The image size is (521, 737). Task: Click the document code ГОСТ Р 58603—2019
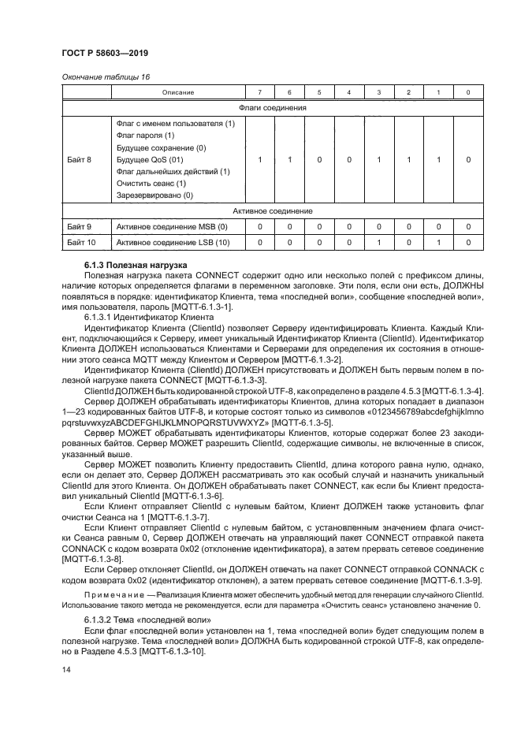pyautogui.click(x=105, y=53)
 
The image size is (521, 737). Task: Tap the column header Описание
pyautogui.click(x=178, y=93)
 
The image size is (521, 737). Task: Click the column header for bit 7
pyautogui.click(x=260, y=93)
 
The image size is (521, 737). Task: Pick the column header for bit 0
pyautogui.click(x=468, y=93)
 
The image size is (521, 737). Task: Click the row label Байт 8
pyautogui.click(x=79, y=159)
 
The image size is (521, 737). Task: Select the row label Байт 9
pyautogui.click(x=79, y=227)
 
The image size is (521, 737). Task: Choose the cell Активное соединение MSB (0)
pyautogui.click(x=171, y=227)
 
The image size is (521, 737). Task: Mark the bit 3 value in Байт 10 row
pyautogui.click(x=378, y=243)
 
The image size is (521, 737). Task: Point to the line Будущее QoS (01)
pyautogui.click(x=150, y=159)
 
